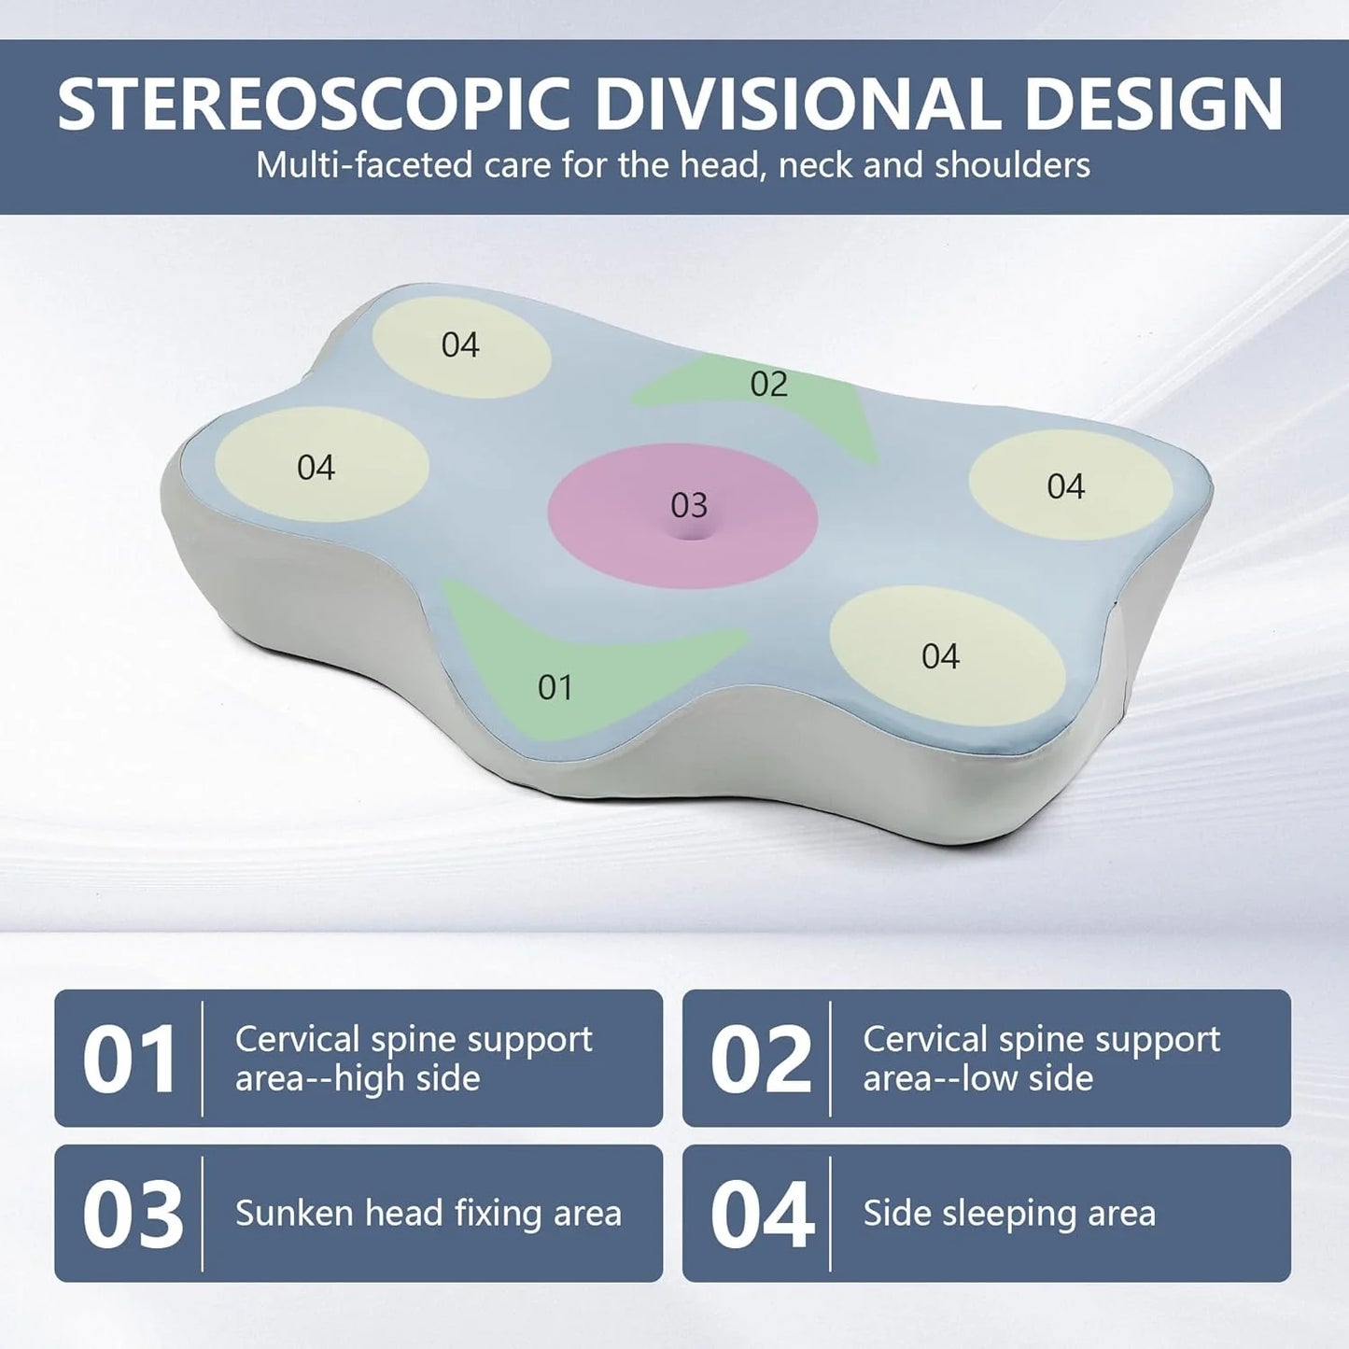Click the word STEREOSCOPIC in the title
pyautogui.click(x=313, y=104)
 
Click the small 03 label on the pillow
pyautogui.click(x=689, y=505)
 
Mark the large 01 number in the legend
pyautogui.click(x=129, y=1060)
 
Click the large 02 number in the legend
pyautogui.click(x=760, y=1060)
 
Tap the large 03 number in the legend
pyautogui.click(x=132, y=1215)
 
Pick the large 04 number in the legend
pyautogui.click(x=762, y=1215)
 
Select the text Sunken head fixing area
pyautogui.click(x=428, y=1214)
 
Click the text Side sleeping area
pyautogui.click(x=1009, y=1214)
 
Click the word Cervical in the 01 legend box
pyautogui.click(x=297, y=1039)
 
